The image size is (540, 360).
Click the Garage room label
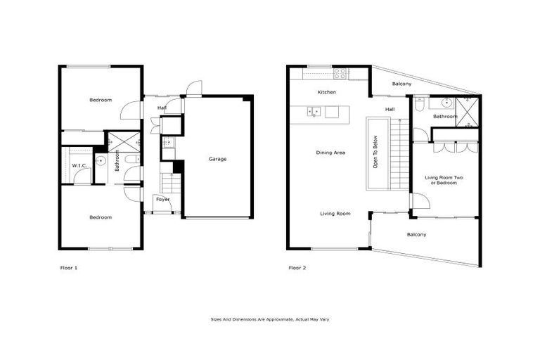pos(217,159)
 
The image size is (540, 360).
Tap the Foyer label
pos(162,199)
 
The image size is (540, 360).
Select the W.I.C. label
pos(79,165)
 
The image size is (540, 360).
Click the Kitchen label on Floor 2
pos(326,92)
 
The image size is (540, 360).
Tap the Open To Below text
pos(375,153)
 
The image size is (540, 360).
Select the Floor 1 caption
pos(69,267)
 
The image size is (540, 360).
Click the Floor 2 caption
pos(297,267)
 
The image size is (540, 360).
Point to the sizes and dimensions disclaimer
pos(270,319)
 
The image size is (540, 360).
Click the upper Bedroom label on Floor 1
pos(101,100)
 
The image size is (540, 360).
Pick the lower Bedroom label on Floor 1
pos(101,217)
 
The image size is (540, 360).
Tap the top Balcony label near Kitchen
pos(401,84)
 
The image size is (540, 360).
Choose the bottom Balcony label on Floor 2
pos(417,234)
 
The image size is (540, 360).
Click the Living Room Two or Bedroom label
pos(444,180)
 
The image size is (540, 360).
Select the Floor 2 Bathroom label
pos(445,117)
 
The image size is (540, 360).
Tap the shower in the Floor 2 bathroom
pos(465,111)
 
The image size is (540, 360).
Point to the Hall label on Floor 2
pos(390,109)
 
